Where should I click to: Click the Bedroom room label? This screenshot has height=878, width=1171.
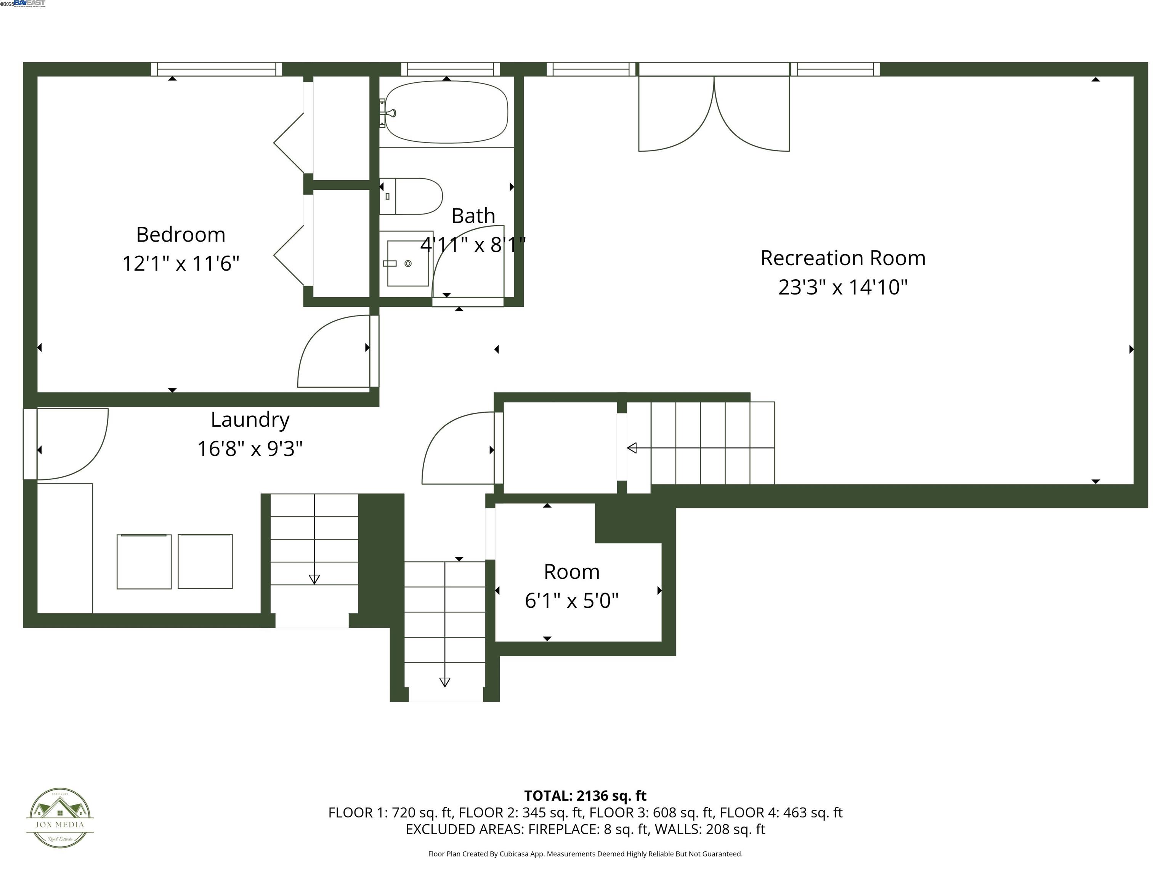coord(181,234)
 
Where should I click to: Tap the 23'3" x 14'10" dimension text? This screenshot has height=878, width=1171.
coord(843,287)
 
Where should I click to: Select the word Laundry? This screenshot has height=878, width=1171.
coord(250,420)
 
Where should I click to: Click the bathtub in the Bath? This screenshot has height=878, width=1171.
coord(446,112)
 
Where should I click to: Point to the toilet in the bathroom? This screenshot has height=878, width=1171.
coord(413,196)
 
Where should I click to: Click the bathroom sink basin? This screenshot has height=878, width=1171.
coord(407,263)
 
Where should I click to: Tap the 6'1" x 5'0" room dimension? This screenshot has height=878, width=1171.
coord(572,601)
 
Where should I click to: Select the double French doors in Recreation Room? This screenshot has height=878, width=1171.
coord(714,114)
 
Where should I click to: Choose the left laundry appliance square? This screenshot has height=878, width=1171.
coord(144,562)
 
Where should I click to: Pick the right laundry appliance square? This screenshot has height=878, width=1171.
coord(205,562)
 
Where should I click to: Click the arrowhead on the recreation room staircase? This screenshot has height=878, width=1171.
coord(632,448)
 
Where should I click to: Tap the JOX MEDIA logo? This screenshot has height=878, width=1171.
coord(60,818)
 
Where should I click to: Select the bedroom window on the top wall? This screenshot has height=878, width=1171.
coord(217,69)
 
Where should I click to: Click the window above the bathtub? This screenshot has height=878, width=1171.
coord(450,69)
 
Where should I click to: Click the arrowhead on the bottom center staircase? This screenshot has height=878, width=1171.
coord(445,682)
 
